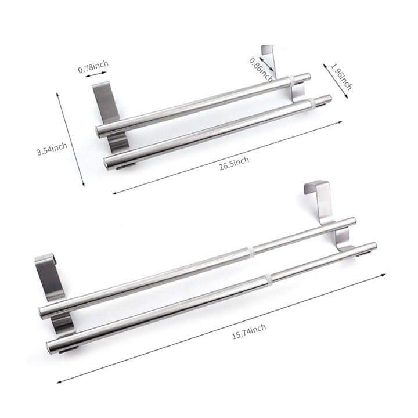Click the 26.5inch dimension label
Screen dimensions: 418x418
(x=234, y=160)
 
